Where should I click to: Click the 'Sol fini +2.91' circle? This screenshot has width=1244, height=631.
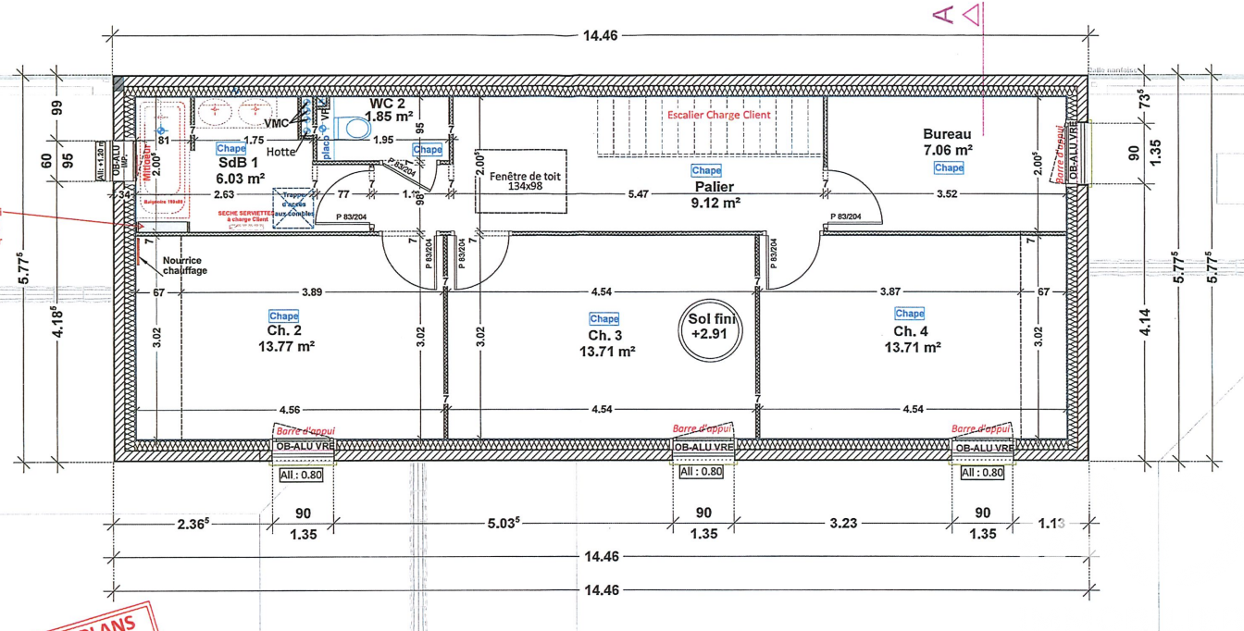pyautogui.click(x=709, y=329)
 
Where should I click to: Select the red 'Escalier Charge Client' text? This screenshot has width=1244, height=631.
pyautogui.click(x=719, y=115)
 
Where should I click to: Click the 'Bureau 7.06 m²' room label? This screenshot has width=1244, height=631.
pyautogui.click(x=947, y=142)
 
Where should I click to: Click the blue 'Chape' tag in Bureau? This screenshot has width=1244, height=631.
pyautogui.click(x=949, y=168)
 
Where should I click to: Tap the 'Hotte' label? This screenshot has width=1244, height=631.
pyautogui.click(x=280, y=152)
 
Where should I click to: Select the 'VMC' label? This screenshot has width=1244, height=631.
pyautogui.click(x=277, y=123)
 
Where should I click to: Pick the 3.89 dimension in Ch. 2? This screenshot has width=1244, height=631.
pyautogui.click(x=311, y=291)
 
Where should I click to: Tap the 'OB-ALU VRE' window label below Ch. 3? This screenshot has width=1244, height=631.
pyautogui.click(x=703, y=447)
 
